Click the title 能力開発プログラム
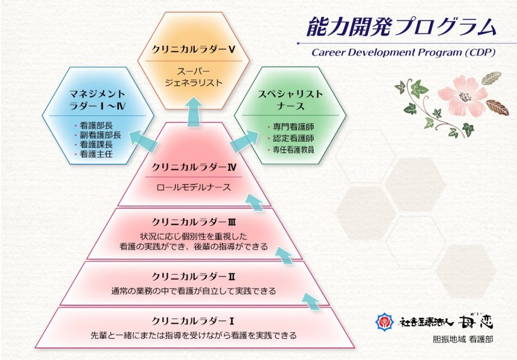pyautogui.click(x=401, y=27)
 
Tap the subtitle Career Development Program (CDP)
pyautogui.click(x=403, y=52)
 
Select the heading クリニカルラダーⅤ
pyautogui.click(x=194, y=49)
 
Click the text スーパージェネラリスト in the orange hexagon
pyautogui.click(x=194, y=77)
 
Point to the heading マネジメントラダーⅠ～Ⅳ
pyautogui.click(x=97, y=100)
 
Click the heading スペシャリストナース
pyautogui.click(x=290, y=100)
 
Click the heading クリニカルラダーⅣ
pyautogui.click(x=194, y=168)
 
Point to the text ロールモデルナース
pyautogui.click(x=194, y=188)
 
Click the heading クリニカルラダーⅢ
pyautogui.click(x=194, y=222)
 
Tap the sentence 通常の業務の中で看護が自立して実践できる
pyautogui.click(x=194, y=291)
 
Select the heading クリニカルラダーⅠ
pyautogui.click(x=193, y=321)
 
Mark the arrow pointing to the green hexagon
pyautogui.click(x=245, y=141)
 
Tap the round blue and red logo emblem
pyautogui.click(x=385, y=322)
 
